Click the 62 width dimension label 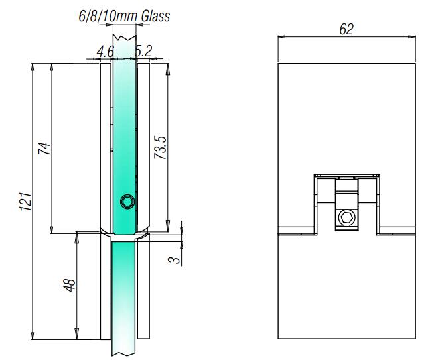[346, 29]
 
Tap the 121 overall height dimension [25, 202]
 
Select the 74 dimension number [44, 149]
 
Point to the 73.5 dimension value [161, 148]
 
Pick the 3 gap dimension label [175, 260]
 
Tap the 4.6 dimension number [106, 52]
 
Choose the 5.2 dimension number [143, 51]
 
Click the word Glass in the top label [155, 16]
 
